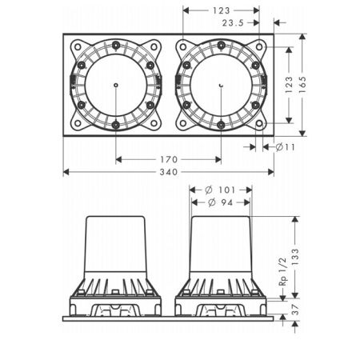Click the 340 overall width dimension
[x=169, y=172]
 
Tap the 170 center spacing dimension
[x=169, y=159]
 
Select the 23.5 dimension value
[x=233, y=23]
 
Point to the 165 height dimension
[x=302, y=85]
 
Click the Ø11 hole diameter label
[x=285, y=147]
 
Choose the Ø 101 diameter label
[x=220, y=190]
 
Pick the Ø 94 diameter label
[x=220, y=202]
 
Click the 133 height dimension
[x=295, y=257]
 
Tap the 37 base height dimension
[x=296, y=309]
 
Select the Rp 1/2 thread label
[x=282, y=271]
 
